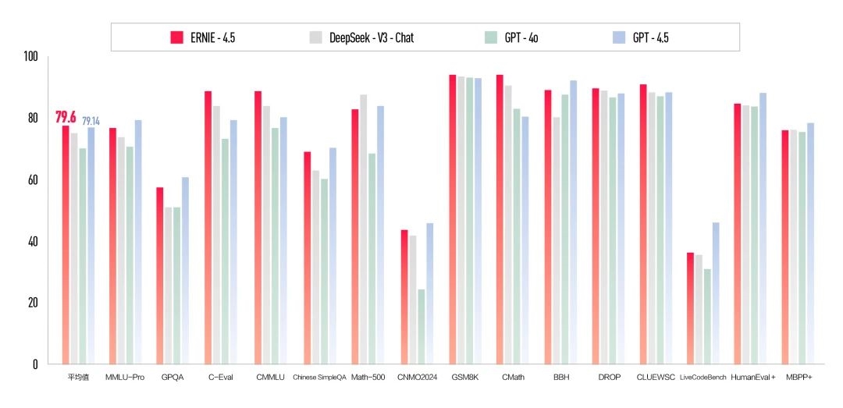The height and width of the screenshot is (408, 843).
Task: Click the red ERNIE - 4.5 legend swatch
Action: (176, 37)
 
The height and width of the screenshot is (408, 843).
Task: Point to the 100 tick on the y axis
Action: (31, 57)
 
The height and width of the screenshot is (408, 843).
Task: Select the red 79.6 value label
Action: (65, 118)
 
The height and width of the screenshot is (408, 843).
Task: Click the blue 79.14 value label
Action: (91, 121)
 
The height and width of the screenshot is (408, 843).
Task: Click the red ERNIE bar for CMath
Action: (500, 219)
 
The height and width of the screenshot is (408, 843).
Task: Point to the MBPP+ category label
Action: (800, 378)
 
